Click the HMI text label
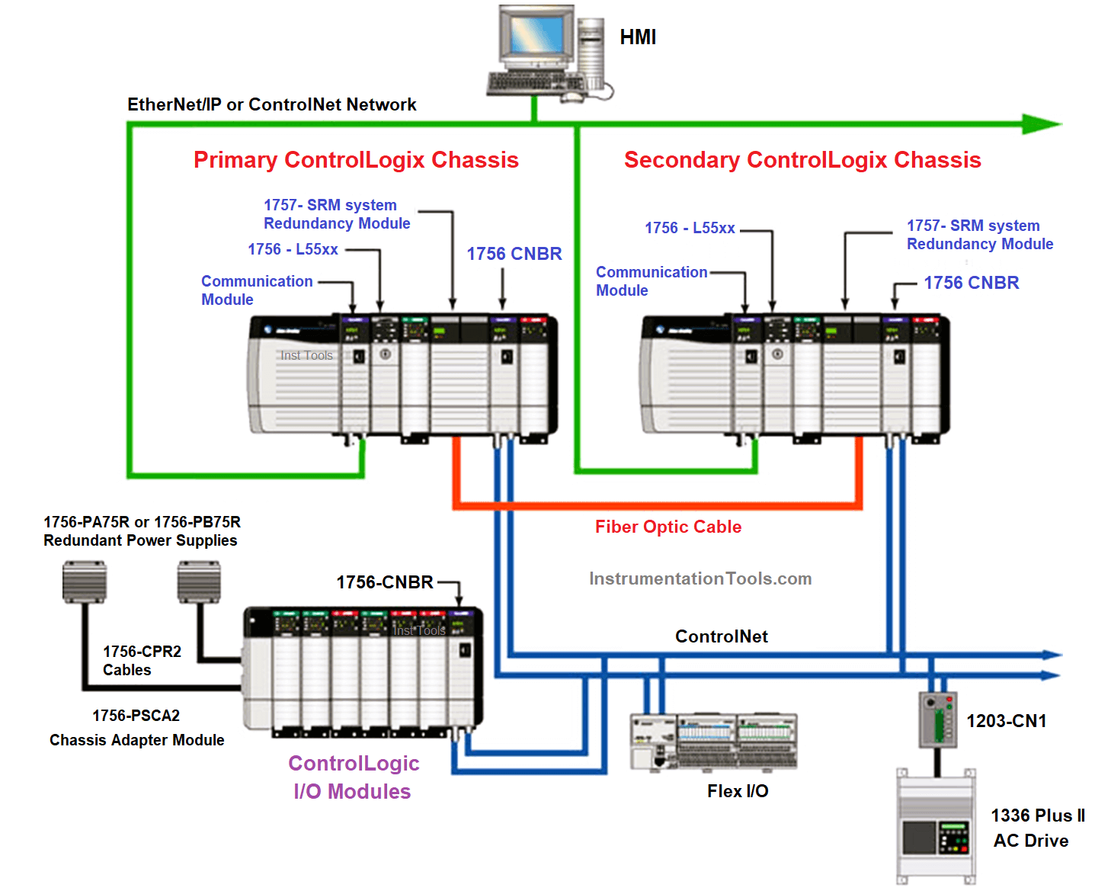tap(638, 37)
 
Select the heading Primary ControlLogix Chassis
tap(356, 160)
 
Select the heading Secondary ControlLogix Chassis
tap(802, 160)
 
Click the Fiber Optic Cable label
tap(668, 527)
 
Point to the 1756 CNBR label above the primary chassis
tap(514, 254)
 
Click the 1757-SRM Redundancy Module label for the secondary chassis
tap(979, 235)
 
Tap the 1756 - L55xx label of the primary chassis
tap(293, 249)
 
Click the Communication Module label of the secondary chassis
tap(651, 281)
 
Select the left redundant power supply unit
tap(85, 582)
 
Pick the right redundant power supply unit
tap(199, 582)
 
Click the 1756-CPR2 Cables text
tap(142, 661)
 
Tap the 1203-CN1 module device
tap(937, 719)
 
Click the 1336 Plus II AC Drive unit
tap(936, 827)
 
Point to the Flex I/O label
tap(738, 791)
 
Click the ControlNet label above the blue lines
tap(721, 636)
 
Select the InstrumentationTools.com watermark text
tap(700, 578)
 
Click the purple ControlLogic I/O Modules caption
tap(353, 777)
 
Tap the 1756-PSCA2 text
tap(136, 716)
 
